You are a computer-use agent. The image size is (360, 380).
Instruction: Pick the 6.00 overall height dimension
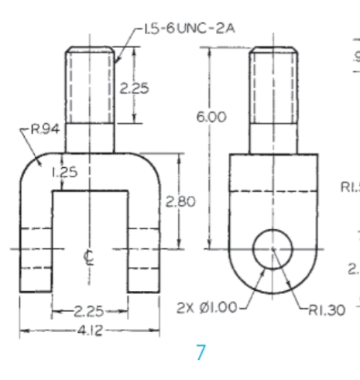click(x=210, y=117)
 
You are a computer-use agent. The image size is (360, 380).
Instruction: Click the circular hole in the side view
click(x=273, y=249)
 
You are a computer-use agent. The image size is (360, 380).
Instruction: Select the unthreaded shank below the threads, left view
click(x=90, y=137)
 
